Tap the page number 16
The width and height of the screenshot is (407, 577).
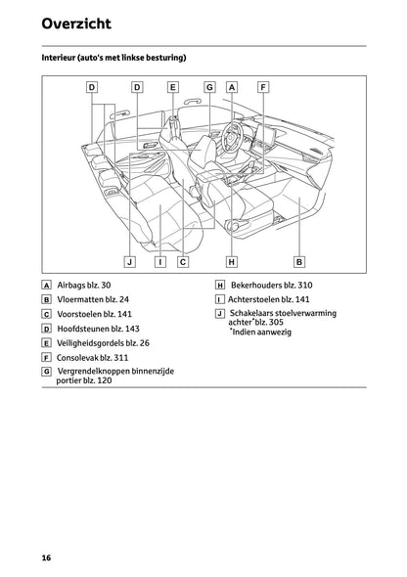point(46,557)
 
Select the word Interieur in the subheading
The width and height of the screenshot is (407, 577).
point(62,59)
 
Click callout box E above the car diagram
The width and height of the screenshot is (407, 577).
point(172,87)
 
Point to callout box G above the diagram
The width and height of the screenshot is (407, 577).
point(209,87)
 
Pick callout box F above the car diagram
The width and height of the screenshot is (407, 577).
point(263,87)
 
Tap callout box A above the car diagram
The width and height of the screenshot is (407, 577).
point(232,87)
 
